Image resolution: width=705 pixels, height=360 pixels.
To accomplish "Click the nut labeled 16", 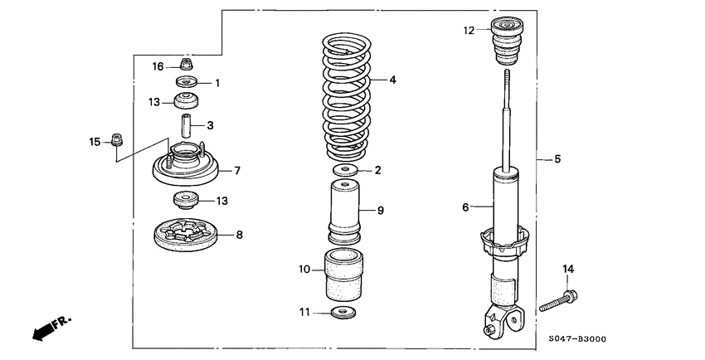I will [x=187, y=64].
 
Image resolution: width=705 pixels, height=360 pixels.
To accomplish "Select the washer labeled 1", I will [x=187, y=82].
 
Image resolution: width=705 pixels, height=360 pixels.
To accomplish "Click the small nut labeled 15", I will [x=118, y=142].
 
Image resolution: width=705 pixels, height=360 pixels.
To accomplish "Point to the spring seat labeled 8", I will [x=187, y=235].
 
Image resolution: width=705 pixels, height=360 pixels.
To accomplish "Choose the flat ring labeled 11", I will [x=342, y=312].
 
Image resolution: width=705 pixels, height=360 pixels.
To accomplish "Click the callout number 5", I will [x=558, y=158].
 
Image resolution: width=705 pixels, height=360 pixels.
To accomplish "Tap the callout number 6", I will [x=465, y=206].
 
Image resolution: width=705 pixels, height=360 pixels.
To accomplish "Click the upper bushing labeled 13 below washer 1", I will [x=187, y=103].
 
